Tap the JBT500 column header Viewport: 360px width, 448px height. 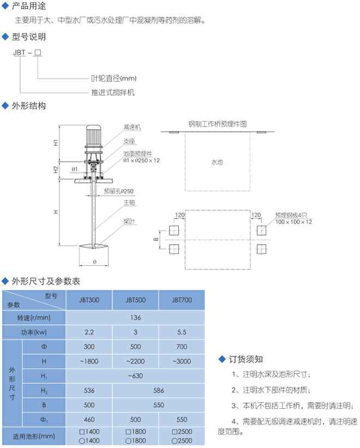135,299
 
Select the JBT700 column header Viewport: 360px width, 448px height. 181,299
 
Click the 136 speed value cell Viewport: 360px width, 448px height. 135,317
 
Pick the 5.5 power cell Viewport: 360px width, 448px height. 181,331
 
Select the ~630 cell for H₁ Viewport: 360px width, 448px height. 135,376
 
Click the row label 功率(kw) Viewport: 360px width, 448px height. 34,331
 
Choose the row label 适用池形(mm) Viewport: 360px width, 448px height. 34,436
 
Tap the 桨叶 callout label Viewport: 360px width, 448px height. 129,221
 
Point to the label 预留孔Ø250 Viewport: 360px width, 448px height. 119,191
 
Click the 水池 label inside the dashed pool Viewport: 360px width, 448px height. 217,162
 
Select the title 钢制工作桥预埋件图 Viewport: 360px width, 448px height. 218,124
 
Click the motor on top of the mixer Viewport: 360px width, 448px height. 93,136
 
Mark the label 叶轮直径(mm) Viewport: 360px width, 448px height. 113,78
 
